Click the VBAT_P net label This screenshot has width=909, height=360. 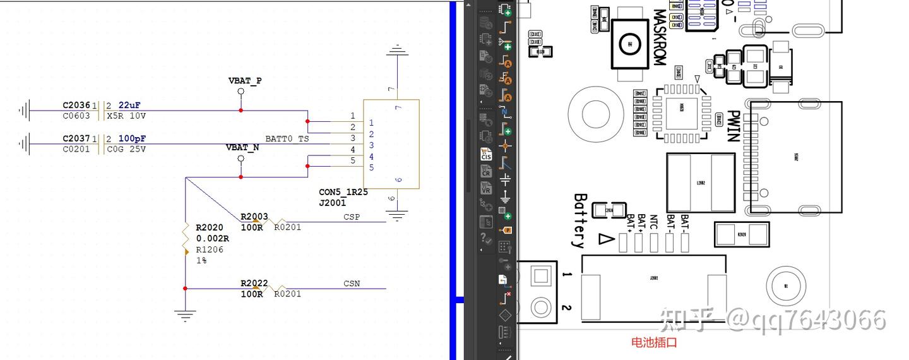pos(244,81)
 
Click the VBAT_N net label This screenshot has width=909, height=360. pos(242,147)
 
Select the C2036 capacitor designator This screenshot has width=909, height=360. pos(76,105)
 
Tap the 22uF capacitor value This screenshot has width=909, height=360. pos(129,105)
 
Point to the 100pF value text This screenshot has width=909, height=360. pos(132,138)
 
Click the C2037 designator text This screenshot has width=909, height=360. pos(76,138)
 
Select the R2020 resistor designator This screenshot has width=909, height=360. pos(210,227)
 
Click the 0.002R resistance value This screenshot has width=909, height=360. pos(213,239)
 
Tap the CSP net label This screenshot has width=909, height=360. pos(352,217)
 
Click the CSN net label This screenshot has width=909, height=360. pos(352,284)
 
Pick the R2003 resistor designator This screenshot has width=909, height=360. pos(254,217)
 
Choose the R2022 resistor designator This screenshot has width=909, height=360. pos(254,284)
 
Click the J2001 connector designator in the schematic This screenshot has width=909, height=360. pos(332,203)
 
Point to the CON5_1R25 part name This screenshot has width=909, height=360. pos(343,192)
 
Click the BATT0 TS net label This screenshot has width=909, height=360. pos(287,138)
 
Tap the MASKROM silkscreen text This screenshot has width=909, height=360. pos(659,37)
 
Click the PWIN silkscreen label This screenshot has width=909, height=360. pos(733,126)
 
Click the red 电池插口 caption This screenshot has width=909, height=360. pos(654,342)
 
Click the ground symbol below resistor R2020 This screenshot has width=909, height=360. pos(185,315)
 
